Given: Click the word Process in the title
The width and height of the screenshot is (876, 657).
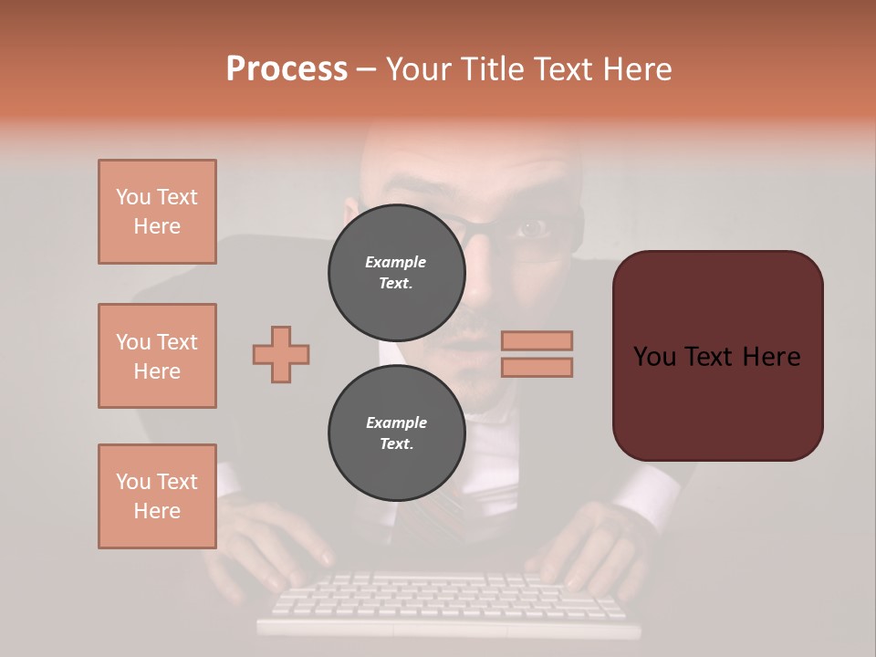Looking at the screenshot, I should point(287,69).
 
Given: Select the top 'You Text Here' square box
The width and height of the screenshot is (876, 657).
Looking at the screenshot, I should point(157,212).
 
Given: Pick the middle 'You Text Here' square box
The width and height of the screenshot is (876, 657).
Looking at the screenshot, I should point(157,356).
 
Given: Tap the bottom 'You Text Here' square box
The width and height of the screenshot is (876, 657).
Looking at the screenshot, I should point(157,496).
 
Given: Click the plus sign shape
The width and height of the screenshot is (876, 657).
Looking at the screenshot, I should point(281,354).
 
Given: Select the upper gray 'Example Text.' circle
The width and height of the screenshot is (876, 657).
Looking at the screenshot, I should point(396,272).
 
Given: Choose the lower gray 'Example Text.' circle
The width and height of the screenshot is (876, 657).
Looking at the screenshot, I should point(396,433).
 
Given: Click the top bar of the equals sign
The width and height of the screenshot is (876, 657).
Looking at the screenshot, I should point(537,340).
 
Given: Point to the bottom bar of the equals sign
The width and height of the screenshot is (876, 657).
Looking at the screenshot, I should point(537,367).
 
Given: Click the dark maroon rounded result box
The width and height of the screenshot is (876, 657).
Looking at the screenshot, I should point(717,356).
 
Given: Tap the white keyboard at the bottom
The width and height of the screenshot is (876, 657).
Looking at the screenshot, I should point(447,602).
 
